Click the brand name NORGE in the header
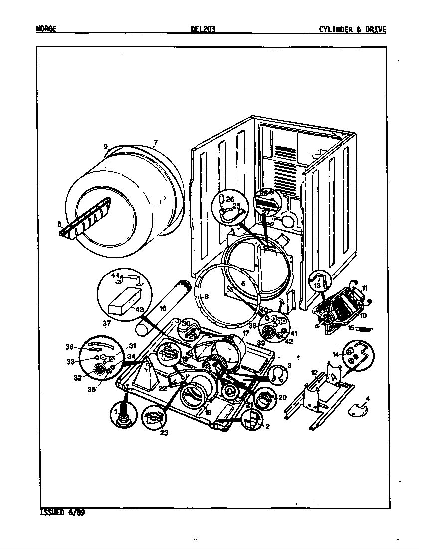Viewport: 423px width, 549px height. [46, 29]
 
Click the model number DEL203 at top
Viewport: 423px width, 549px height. [203, 29]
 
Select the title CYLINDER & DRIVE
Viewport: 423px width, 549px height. [352, 29]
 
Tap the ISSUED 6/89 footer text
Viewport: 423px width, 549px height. [62, 512]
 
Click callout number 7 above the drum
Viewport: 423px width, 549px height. [155, 143]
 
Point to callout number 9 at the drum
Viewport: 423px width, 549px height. [106, 147]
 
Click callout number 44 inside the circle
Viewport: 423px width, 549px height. [115, 275]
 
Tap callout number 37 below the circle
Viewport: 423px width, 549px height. [106, 323]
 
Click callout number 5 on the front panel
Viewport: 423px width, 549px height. [243, 284]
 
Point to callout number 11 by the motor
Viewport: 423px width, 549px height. [365, 288]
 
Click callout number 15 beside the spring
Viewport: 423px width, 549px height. [351, 328]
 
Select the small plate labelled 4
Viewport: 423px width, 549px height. [358, 409]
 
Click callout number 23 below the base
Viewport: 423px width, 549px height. [164, 433]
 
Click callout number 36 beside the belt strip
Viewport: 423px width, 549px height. [69, 347]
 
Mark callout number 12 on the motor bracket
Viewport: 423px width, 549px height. [314, 372]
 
